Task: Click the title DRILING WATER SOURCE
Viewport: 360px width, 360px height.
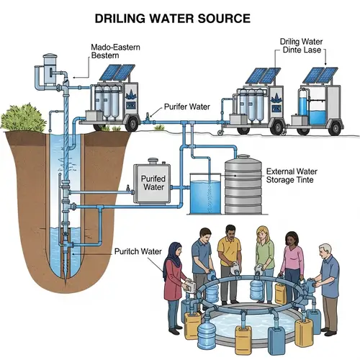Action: pyautogui.click(x=180, y=17)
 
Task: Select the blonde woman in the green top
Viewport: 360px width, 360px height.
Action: pyautogui.click(x=264, y=256)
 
